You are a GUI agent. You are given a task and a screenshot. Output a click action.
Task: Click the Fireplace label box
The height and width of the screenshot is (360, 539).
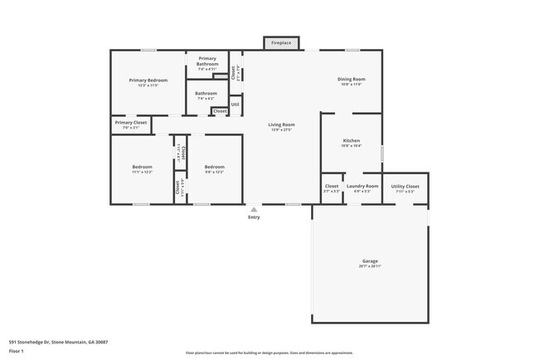coord(280,42)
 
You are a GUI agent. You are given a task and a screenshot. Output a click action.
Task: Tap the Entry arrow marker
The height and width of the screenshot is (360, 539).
coord(254,210)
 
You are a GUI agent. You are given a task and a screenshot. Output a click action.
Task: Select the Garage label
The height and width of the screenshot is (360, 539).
coord(369,261)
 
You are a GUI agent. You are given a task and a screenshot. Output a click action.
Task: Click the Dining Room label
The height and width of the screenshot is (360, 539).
coord(351,80)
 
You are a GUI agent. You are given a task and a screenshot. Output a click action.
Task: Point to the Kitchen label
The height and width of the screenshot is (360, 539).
coord(352,141)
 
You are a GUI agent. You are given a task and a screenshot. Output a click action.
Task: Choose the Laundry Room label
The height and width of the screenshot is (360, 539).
coord(362,186)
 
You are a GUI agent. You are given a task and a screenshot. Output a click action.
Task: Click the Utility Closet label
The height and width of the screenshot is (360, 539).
coord(405,186)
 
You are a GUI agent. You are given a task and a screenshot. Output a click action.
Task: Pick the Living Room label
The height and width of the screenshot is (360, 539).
coord(283,124)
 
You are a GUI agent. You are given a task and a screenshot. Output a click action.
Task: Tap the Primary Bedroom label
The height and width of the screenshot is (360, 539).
coord(148,80)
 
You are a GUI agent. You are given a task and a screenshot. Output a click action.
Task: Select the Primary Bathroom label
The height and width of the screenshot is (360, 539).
coord(207,61)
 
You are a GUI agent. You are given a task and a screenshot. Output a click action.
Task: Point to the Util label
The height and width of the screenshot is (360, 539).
coord(235,105)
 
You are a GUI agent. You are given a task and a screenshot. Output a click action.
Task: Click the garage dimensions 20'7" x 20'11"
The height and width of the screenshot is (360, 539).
coord(369,266)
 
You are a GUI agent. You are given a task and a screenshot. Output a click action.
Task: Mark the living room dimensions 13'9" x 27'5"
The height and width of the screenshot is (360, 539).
coord(283,129)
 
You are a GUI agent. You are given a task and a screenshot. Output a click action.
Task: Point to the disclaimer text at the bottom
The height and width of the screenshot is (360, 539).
coord(269,353)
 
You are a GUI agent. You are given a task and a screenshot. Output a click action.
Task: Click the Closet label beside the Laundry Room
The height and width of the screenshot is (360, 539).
coord(332,186)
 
